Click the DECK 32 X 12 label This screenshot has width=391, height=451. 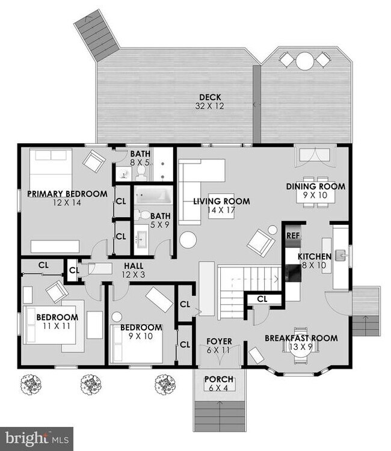211,102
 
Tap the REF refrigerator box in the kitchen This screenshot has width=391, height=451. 292,235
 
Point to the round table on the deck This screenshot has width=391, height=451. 306,60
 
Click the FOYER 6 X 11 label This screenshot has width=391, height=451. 220,346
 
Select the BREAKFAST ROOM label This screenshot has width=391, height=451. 301,342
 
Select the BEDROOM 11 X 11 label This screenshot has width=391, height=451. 57,321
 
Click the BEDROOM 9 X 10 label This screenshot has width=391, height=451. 141,331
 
